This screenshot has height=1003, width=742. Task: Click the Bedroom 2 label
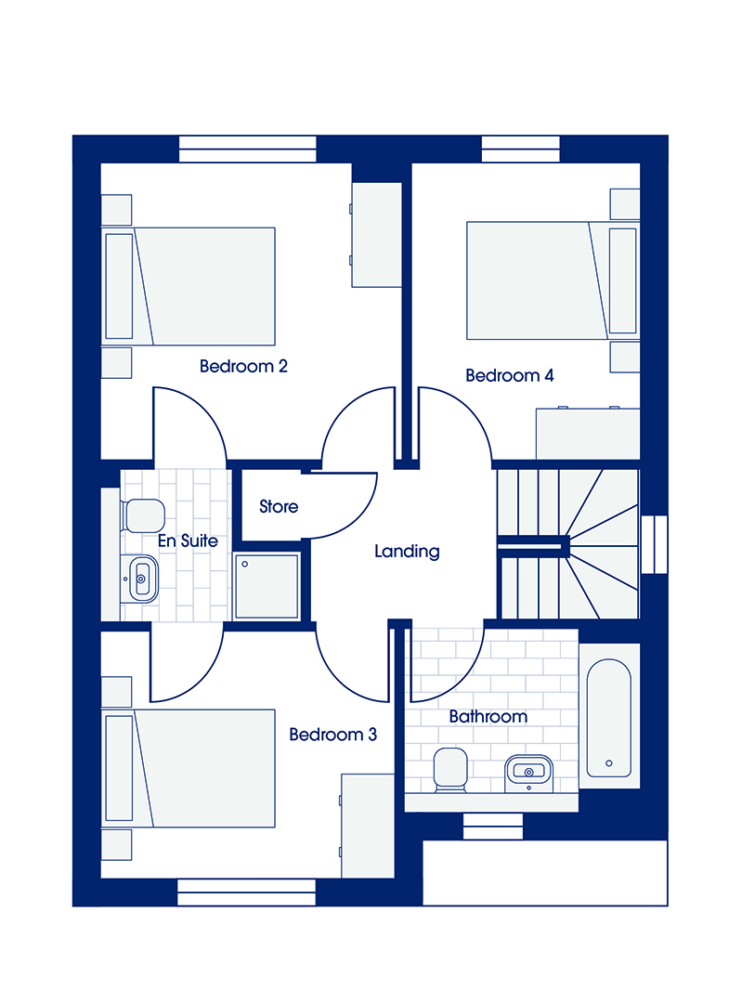coord(243,367)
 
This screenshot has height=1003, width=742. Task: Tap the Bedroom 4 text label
coord(510,375)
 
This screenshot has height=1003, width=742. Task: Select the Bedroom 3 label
coord(333,735)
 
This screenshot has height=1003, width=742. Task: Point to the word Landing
coord(408,552)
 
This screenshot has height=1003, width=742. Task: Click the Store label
coord(279,507)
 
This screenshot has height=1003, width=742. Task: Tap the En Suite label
coord(189,541)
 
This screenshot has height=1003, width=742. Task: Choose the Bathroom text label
coord(488,716)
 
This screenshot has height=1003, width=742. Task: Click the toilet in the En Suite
coord(143,516)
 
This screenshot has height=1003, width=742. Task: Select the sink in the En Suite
coord(141,579)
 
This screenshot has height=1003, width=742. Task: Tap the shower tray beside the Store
coord(267,587)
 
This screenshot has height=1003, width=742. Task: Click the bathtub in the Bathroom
coord(609,718)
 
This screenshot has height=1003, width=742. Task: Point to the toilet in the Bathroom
coord(451,770)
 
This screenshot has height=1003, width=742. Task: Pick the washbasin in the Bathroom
coord(528,772)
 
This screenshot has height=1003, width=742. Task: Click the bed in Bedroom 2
coord(189,286)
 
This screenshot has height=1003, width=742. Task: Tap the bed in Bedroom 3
coord(189,768)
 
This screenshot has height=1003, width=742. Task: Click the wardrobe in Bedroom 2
coord(377,235)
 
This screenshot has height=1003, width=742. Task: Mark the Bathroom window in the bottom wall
coord(493,826)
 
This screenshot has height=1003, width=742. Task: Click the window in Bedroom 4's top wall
coord(521,149)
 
